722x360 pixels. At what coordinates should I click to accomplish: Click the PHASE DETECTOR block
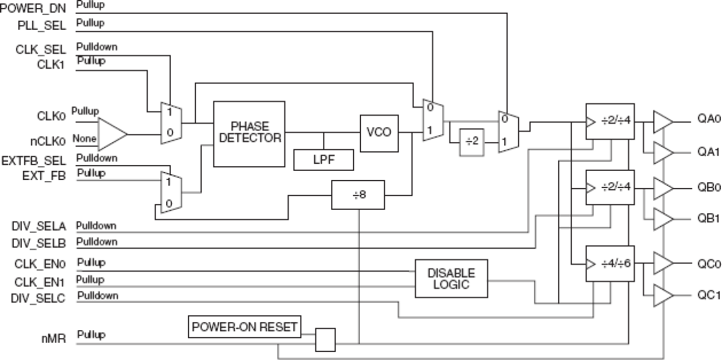249,133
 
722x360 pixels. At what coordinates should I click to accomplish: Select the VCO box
378,132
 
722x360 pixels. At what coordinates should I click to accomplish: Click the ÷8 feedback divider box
358,196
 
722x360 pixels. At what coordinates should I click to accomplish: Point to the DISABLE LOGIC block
451,278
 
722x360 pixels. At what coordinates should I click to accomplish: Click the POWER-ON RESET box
245,327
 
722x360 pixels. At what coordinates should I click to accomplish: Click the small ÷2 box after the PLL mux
472,142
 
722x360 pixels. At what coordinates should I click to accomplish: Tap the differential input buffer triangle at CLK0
112,134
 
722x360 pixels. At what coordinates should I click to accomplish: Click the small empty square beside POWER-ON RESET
325,339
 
